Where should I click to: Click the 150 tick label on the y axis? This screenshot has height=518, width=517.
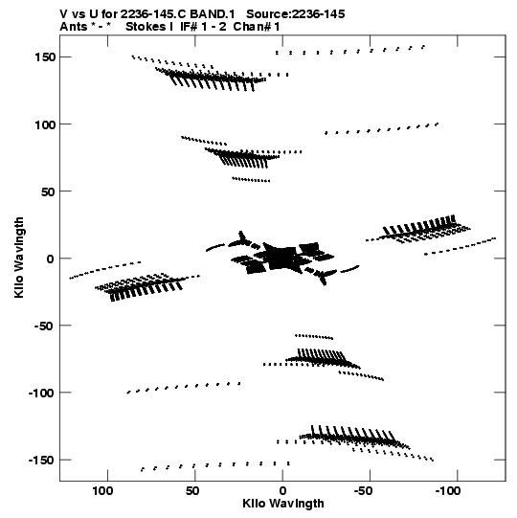tap(45, 57)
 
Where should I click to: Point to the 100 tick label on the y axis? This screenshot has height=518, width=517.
tap(45, 124)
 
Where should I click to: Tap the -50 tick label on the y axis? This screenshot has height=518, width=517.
tap(43, 326)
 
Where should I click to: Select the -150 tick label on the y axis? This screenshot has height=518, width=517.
tap(41, 460)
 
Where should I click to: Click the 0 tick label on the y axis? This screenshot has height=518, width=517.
tap(50, 259)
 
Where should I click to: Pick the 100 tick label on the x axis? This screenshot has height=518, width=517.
tap(102, 491)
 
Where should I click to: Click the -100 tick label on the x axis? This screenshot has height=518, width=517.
tap(448, 491)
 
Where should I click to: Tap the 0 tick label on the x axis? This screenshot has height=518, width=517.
tap(282, 491)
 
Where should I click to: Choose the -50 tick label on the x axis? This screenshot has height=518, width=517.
tap(363, 491)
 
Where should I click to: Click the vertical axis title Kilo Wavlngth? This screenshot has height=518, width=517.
tap(19, 258)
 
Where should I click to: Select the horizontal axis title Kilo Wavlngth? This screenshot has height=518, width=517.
tap(283, 504)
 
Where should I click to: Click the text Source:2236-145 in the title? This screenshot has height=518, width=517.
tap(296, 14)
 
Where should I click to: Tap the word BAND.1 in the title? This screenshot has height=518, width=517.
tap(213, 14)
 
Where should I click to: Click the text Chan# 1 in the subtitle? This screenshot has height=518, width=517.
tap(257, 27)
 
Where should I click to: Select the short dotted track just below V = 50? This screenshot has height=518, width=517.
tap(251, 180)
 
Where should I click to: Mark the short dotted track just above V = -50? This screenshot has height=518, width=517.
tap(314, 337)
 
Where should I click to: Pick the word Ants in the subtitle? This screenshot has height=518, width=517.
tap(74, 27)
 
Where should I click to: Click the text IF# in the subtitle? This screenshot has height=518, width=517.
tap(189, 27)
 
